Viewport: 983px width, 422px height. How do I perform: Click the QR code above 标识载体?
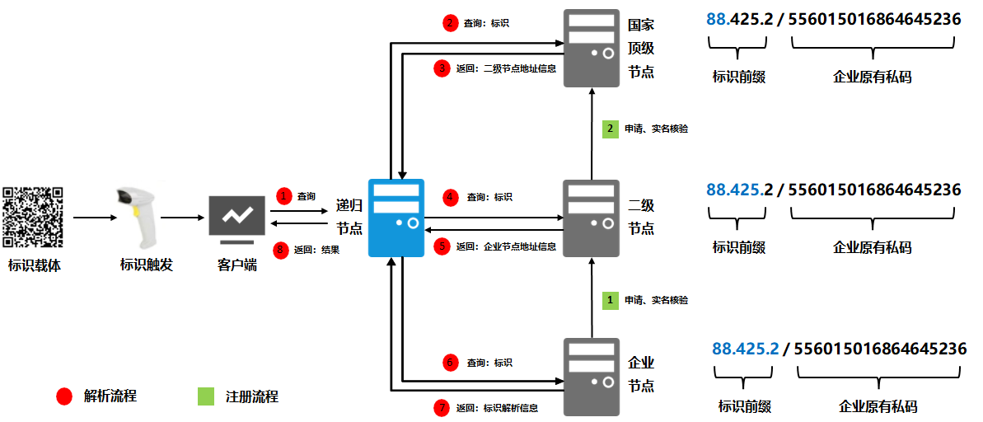[x=33, y=218]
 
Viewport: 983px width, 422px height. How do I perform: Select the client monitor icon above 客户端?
[x=236, y=216]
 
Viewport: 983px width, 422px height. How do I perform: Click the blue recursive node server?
[x=397, y=218]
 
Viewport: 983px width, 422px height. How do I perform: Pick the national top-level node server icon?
[x=592, y=48]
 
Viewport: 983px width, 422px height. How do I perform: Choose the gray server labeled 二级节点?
[x=592, y=218]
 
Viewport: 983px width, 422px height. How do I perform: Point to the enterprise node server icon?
[x=592, y=377]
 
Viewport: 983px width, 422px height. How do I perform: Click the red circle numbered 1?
[x=284, y=196]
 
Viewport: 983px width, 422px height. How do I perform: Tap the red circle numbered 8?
[x=283, y=248]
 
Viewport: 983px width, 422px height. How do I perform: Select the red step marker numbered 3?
[x=442, y=68]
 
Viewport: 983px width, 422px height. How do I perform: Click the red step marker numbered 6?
[x=450, y=363]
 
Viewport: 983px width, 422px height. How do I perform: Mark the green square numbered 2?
[x=610, y=129]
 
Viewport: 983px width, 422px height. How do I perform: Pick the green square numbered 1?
[x=610, y=300]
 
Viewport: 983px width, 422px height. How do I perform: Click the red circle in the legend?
[x=64, y=396]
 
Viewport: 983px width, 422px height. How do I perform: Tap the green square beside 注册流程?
[x=206, y=396]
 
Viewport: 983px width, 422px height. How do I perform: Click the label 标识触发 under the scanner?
[x=146, y=265]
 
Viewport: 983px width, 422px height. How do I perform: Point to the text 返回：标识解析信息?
[x=498, y=407]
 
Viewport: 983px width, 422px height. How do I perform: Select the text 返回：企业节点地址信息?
[x=506, y=246]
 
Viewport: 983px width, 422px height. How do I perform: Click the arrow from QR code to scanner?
[x=91, y=218]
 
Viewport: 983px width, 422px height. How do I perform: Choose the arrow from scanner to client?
[x=182, y=218]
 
